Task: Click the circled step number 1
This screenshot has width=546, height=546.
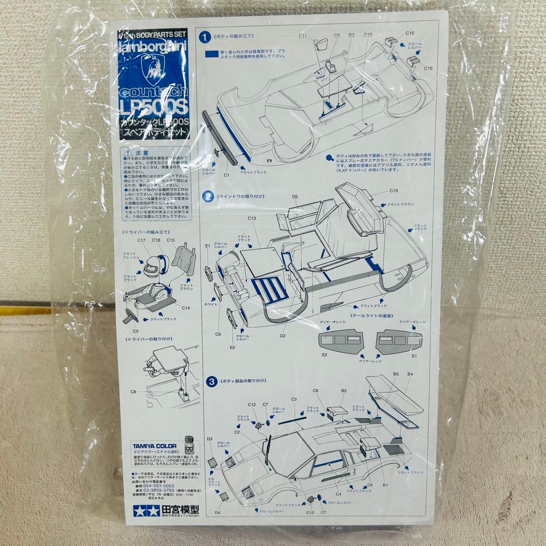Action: click(x=205, y=37)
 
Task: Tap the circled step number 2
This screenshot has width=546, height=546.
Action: click(x=207, y=196)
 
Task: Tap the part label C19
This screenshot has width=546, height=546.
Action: click(x=394, y=191)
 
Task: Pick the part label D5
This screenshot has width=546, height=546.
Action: click(x=295, y=197)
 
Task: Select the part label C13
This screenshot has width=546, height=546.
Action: click(x=251, y=218)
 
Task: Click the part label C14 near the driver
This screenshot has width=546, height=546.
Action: click(x=186, y=307)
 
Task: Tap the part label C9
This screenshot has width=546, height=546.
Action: click(x=218, y=334)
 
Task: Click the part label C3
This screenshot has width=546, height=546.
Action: click(x=294, y=399)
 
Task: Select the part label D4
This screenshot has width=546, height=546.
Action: click(x=217, y=513)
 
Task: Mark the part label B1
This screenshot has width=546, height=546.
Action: click(x=385, y=485)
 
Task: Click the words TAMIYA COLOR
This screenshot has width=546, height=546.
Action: click(x=155, y=446)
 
